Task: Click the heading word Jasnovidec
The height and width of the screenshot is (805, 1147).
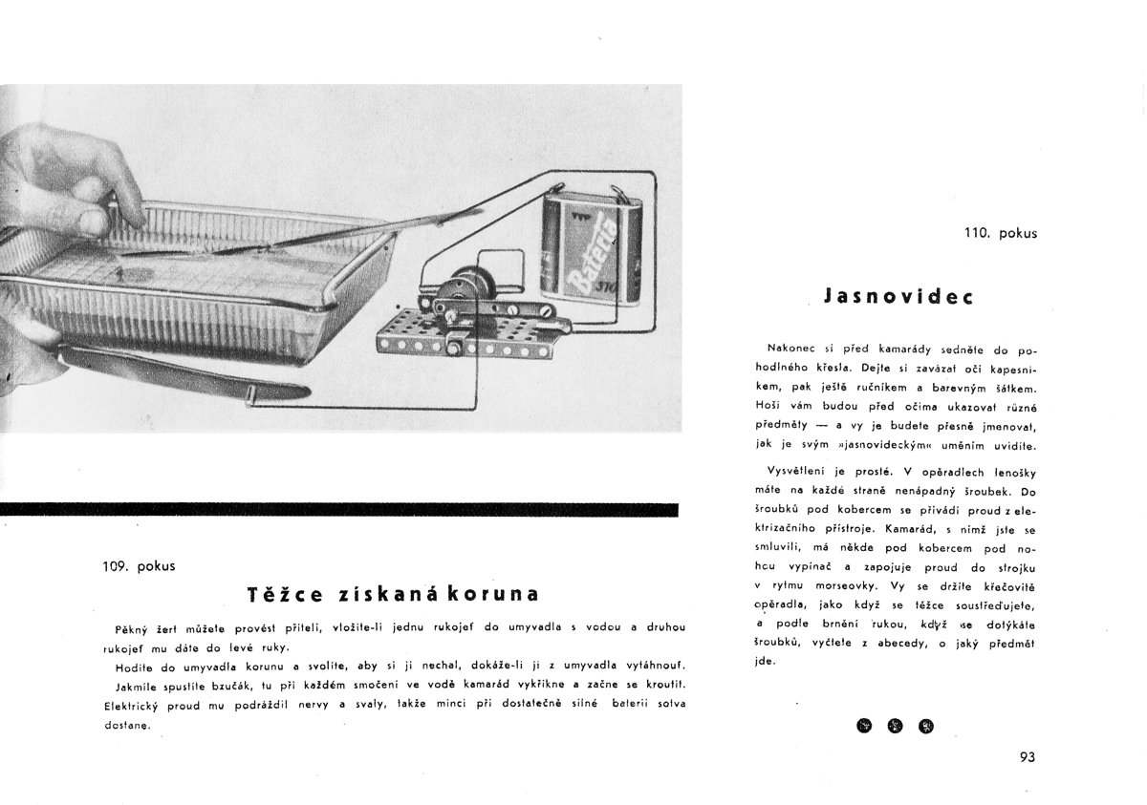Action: click(898, 296)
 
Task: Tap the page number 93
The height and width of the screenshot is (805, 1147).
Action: click(1028, 757)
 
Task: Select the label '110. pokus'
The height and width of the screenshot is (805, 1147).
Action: click(1001, 233)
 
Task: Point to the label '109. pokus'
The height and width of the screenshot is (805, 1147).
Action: click(139, 565)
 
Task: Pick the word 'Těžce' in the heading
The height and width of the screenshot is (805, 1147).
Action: click(284, 594)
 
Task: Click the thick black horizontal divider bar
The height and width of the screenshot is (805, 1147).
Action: click(338, 510)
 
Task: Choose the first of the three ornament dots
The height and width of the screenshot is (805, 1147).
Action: click(865, 726)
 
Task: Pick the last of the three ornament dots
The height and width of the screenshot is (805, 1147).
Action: click(926, 726)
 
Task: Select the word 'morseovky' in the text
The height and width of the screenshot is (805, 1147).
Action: click(840, 584)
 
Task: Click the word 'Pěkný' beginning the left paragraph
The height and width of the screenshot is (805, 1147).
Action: click(132, 627)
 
